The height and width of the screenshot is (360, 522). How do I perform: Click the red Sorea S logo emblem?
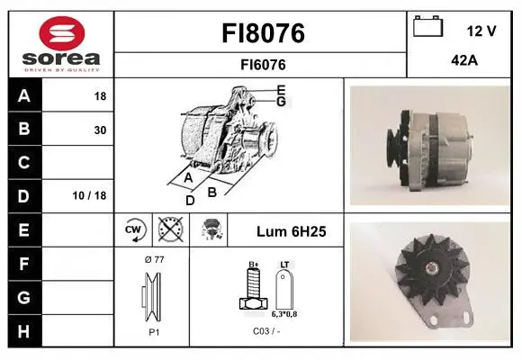point(62,33)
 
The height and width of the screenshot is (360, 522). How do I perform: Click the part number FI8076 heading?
point(263,33)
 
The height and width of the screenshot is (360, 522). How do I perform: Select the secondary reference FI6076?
point(263,65)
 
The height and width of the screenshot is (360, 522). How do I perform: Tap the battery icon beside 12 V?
point(428,26)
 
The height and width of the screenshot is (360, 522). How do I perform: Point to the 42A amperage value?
point(464,60)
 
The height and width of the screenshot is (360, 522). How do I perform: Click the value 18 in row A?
point(100,96)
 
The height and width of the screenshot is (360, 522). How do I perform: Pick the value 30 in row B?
point(100,130)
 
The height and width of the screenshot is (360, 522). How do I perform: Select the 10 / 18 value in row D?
point(89,195)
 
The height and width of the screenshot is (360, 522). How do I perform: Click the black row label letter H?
point(23,331)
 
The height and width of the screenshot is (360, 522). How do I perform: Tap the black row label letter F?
point(23,264)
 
